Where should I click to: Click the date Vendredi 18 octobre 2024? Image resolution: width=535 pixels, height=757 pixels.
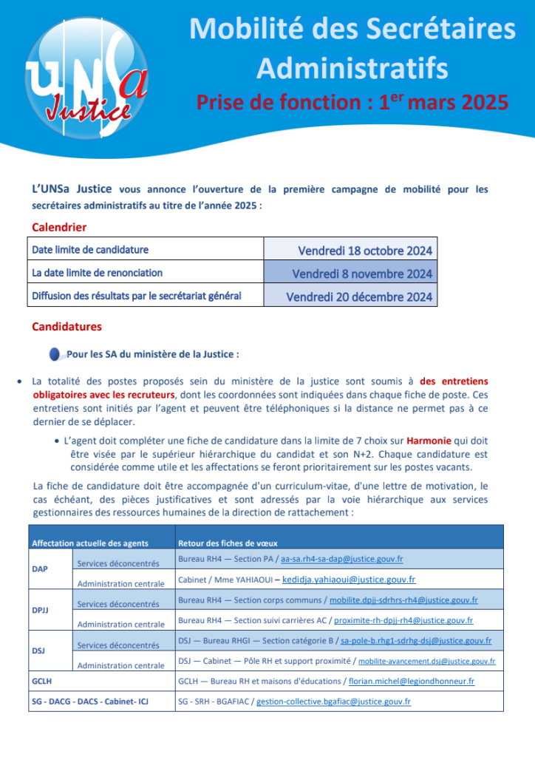point(364,250)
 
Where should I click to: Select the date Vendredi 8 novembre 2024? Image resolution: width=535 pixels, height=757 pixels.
point(362,274)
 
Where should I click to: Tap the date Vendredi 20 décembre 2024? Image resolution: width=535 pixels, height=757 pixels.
point(359,297)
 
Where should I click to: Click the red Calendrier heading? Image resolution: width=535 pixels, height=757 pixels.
point(59,227)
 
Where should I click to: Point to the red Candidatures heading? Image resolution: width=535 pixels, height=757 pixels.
point(67,326)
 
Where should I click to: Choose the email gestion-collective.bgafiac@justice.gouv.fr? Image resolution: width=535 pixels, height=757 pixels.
point(333,701)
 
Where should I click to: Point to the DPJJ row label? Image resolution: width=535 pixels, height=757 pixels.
point(41,611)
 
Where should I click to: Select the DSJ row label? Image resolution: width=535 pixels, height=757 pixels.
point(39,651)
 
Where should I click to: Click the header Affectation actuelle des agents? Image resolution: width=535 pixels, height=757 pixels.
point(89,543)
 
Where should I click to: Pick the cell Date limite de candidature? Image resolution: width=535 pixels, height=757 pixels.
point(90,250)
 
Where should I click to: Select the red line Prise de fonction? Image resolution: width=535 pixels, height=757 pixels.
point(352,101)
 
